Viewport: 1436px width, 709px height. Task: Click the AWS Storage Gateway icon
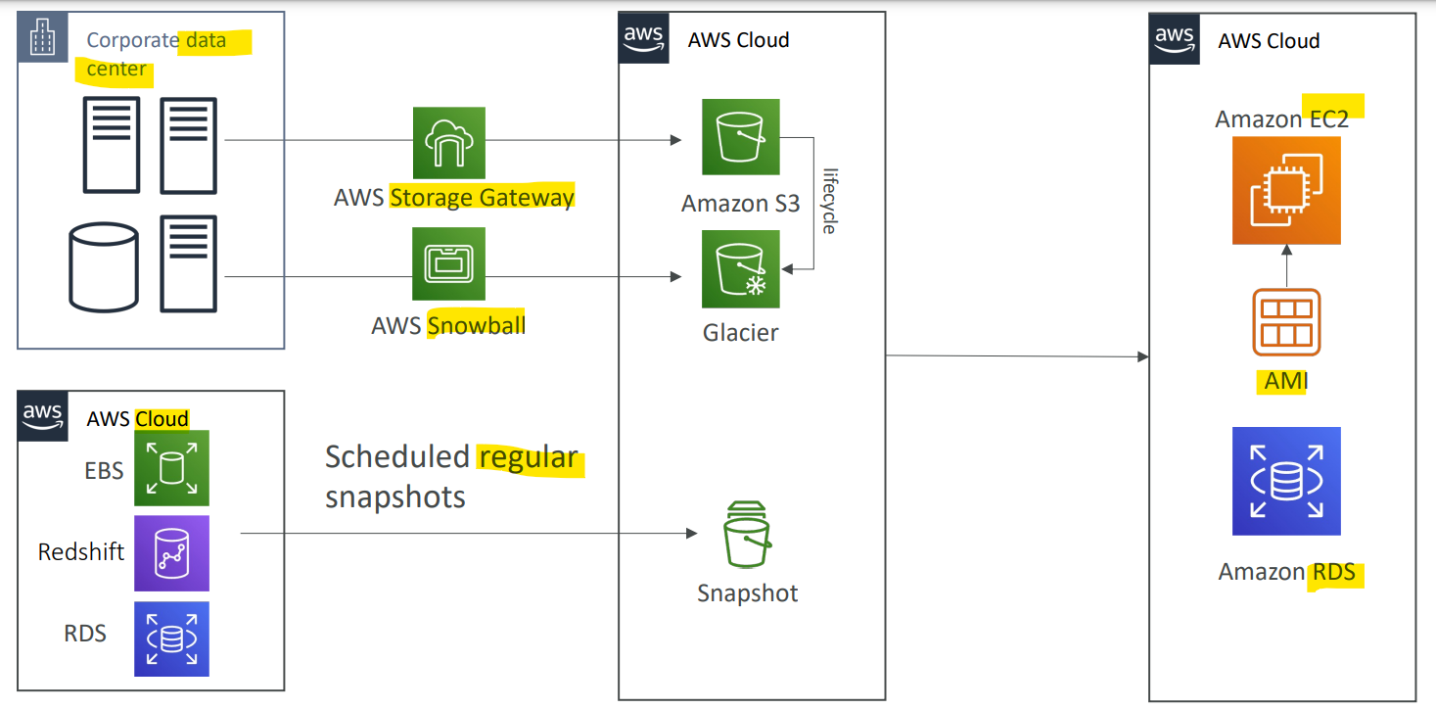click(448, 142)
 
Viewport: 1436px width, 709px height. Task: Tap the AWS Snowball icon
click(448, 263)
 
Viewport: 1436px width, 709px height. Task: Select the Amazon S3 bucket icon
click(740, 137)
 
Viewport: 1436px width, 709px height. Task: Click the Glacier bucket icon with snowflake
click(740, 269)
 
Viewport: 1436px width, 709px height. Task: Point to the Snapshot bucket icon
click(747, 535)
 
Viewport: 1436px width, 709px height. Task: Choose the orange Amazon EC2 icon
click(1286, 191)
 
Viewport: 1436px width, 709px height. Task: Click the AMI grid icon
click(1286, 322)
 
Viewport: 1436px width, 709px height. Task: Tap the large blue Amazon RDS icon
click(1286, 481)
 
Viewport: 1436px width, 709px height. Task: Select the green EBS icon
click(171, 468)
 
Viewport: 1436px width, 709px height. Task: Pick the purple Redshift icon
click(171, 553)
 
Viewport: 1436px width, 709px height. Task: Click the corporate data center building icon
click(42, 37)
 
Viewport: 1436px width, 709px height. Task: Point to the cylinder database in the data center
click(103, 267)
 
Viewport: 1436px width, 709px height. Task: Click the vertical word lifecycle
click(829, 202)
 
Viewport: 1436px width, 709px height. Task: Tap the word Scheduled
click(397, 457)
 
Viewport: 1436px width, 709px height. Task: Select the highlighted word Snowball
click(477, 325)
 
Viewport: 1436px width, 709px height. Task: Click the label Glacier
click(740, 333)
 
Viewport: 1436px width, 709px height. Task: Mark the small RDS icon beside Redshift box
click(171, 639)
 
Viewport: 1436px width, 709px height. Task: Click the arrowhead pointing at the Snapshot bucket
click(692, 533)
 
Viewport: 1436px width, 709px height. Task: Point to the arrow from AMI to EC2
click(1286, 265)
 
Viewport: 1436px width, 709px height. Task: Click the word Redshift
click(81, 551)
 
